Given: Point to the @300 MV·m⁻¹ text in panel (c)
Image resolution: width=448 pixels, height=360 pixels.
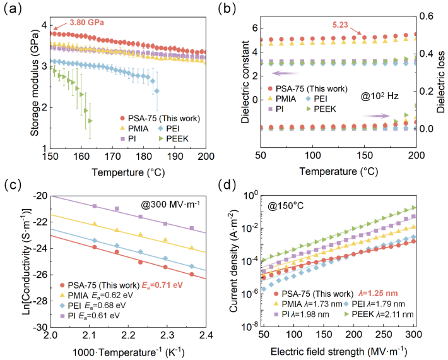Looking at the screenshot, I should click(170, 204).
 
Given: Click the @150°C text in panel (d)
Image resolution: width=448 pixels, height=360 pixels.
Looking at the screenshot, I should click(276, 204).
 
